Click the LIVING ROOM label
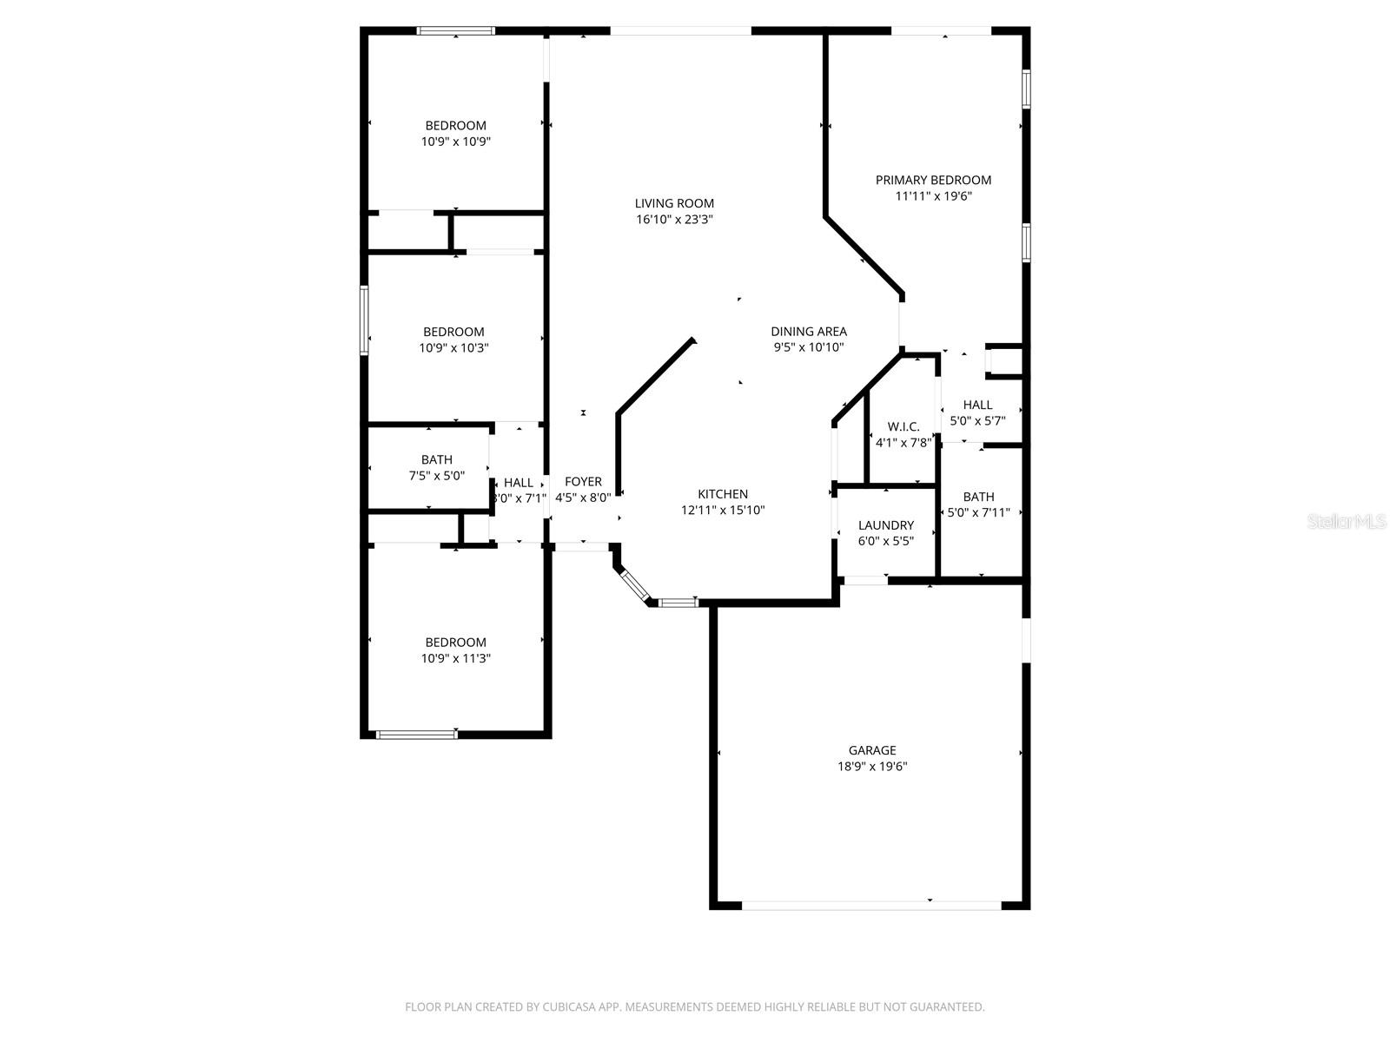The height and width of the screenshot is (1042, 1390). click(x=674, y=203)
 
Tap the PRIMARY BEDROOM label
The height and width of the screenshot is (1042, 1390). click(x=933, y=180)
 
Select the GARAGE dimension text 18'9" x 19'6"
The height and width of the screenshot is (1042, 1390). click(x=872, y=766)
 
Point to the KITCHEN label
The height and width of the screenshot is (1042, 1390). click(x=723, y=493)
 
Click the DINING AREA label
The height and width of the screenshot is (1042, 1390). click(x=809, y=331)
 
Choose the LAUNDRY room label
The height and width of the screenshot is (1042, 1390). click(x=886, y=525)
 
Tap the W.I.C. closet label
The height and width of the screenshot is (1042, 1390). click(x=903, y=426)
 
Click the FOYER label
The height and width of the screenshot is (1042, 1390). click(x=583, y=481)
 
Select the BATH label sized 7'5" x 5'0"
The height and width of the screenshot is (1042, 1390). click(x=437, y=459)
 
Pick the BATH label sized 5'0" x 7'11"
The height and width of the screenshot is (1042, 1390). click(x=978, y=497)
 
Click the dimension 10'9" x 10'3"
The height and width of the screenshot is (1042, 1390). click(x=453, y=348)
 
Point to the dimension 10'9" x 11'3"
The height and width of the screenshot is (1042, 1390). click(x=456, y=658)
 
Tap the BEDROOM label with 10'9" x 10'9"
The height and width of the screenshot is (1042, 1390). click(x=456, y=125)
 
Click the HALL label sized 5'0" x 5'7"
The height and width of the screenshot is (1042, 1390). click(x=977, y=405)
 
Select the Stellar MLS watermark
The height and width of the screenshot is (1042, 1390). click(x=1347, y=521)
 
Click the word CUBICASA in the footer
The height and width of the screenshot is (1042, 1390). click(x=570, y=1006)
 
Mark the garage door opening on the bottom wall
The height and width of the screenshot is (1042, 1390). click(x=871, y=906)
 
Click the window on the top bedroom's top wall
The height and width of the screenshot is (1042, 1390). click(x=455, y=30)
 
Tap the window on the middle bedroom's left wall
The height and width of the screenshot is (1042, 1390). click(x=364, y=320)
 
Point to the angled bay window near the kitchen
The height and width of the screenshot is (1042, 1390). click(x=635, y=586)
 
